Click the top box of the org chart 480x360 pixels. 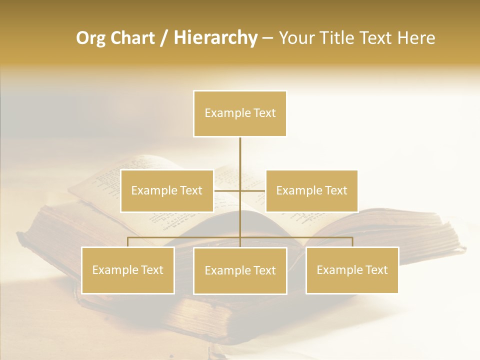pos(240,113)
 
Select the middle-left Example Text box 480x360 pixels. pos(167,190)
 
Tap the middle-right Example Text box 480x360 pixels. pos(311,190)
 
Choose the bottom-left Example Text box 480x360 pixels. pos(128,270)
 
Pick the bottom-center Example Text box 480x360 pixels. pos(240,270)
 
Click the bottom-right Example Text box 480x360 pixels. pos(352,270)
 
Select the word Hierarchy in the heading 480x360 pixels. pos(215,38)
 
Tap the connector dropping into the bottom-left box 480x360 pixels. pos(128,242)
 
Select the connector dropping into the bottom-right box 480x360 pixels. pos(352,242)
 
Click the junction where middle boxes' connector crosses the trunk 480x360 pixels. pos(240,190)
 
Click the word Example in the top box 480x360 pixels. pos(222,113)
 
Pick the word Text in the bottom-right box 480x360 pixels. pos(376,270)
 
